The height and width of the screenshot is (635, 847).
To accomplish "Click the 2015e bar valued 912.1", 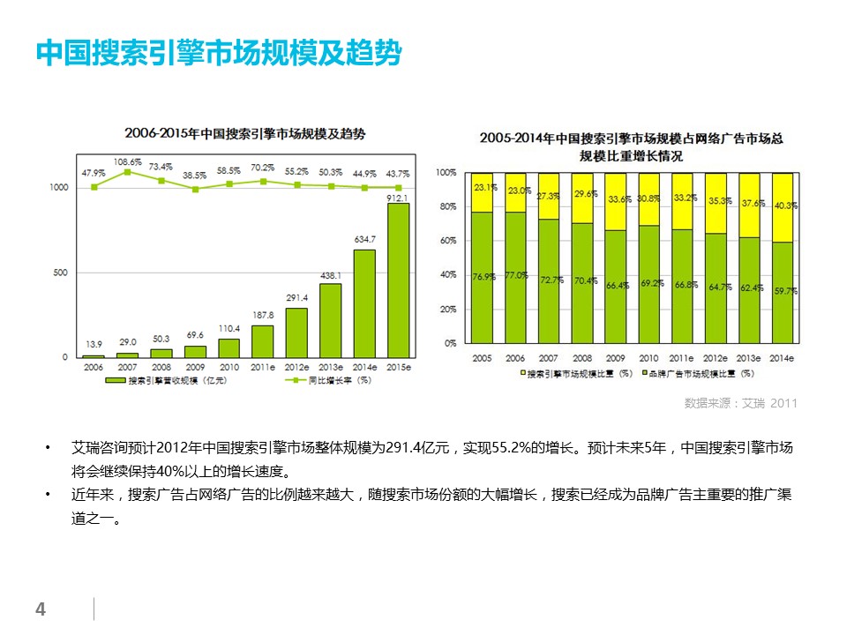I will point(399,280).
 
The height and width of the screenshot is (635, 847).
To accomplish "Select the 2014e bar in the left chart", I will point(364,303).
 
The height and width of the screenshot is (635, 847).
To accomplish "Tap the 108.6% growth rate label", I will point(127,162).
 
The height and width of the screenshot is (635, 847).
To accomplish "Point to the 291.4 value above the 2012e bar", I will point(296,298).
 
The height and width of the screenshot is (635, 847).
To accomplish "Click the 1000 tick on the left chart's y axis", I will point(59,187).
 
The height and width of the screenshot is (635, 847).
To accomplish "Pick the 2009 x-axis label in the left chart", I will point(195,366).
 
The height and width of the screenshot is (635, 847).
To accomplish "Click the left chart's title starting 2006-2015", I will point(244,134).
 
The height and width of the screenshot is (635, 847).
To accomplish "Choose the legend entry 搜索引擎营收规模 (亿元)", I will point(169,381).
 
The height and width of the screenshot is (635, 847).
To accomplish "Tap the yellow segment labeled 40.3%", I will point(782,207).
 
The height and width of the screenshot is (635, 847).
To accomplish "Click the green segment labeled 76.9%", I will point(482,277).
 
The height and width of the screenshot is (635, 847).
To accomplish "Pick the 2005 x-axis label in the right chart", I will point(482,359).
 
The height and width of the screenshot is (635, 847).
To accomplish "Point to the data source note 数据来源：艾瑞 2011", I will point(740,404).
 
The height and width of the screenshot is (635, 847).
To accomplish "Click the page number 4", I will point(40,609).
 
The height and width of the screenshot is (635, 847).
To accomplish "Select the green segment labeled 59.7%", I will point(782,292).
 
